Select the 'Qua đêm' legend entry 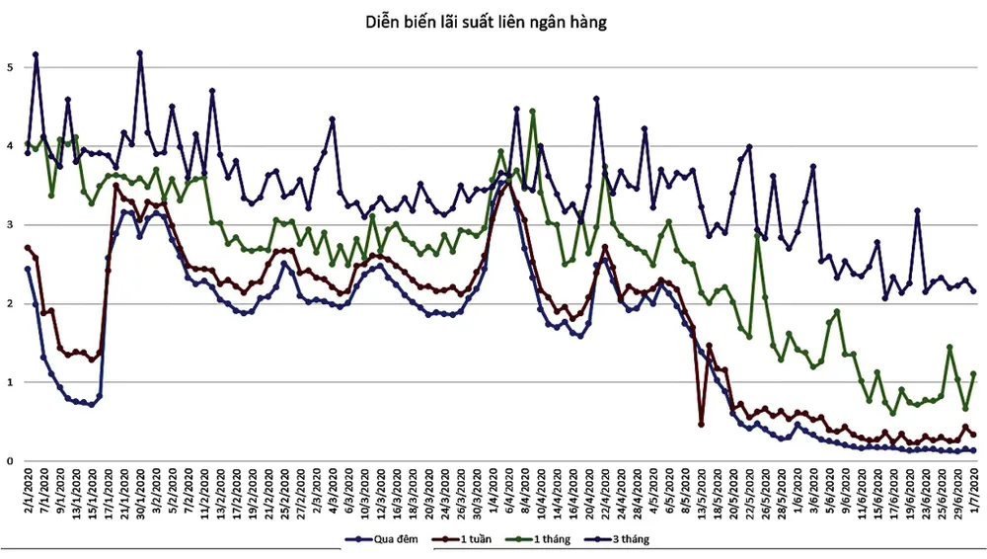(x=391, y=539)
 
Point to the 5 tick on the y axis (x=10, y=68)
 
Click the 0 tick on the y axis (x=10, y=461)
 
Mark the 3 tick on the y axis (x=10, y=225)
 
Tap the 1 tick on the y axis (x=10, y=382)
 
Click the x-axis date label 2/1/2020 (x=28, y=490)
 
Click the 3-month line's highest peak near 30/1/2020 (x=140, y=52)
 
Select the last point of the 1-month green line (x=974, y=373)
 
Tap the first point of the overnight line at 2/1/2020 (x=28, y=269)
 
